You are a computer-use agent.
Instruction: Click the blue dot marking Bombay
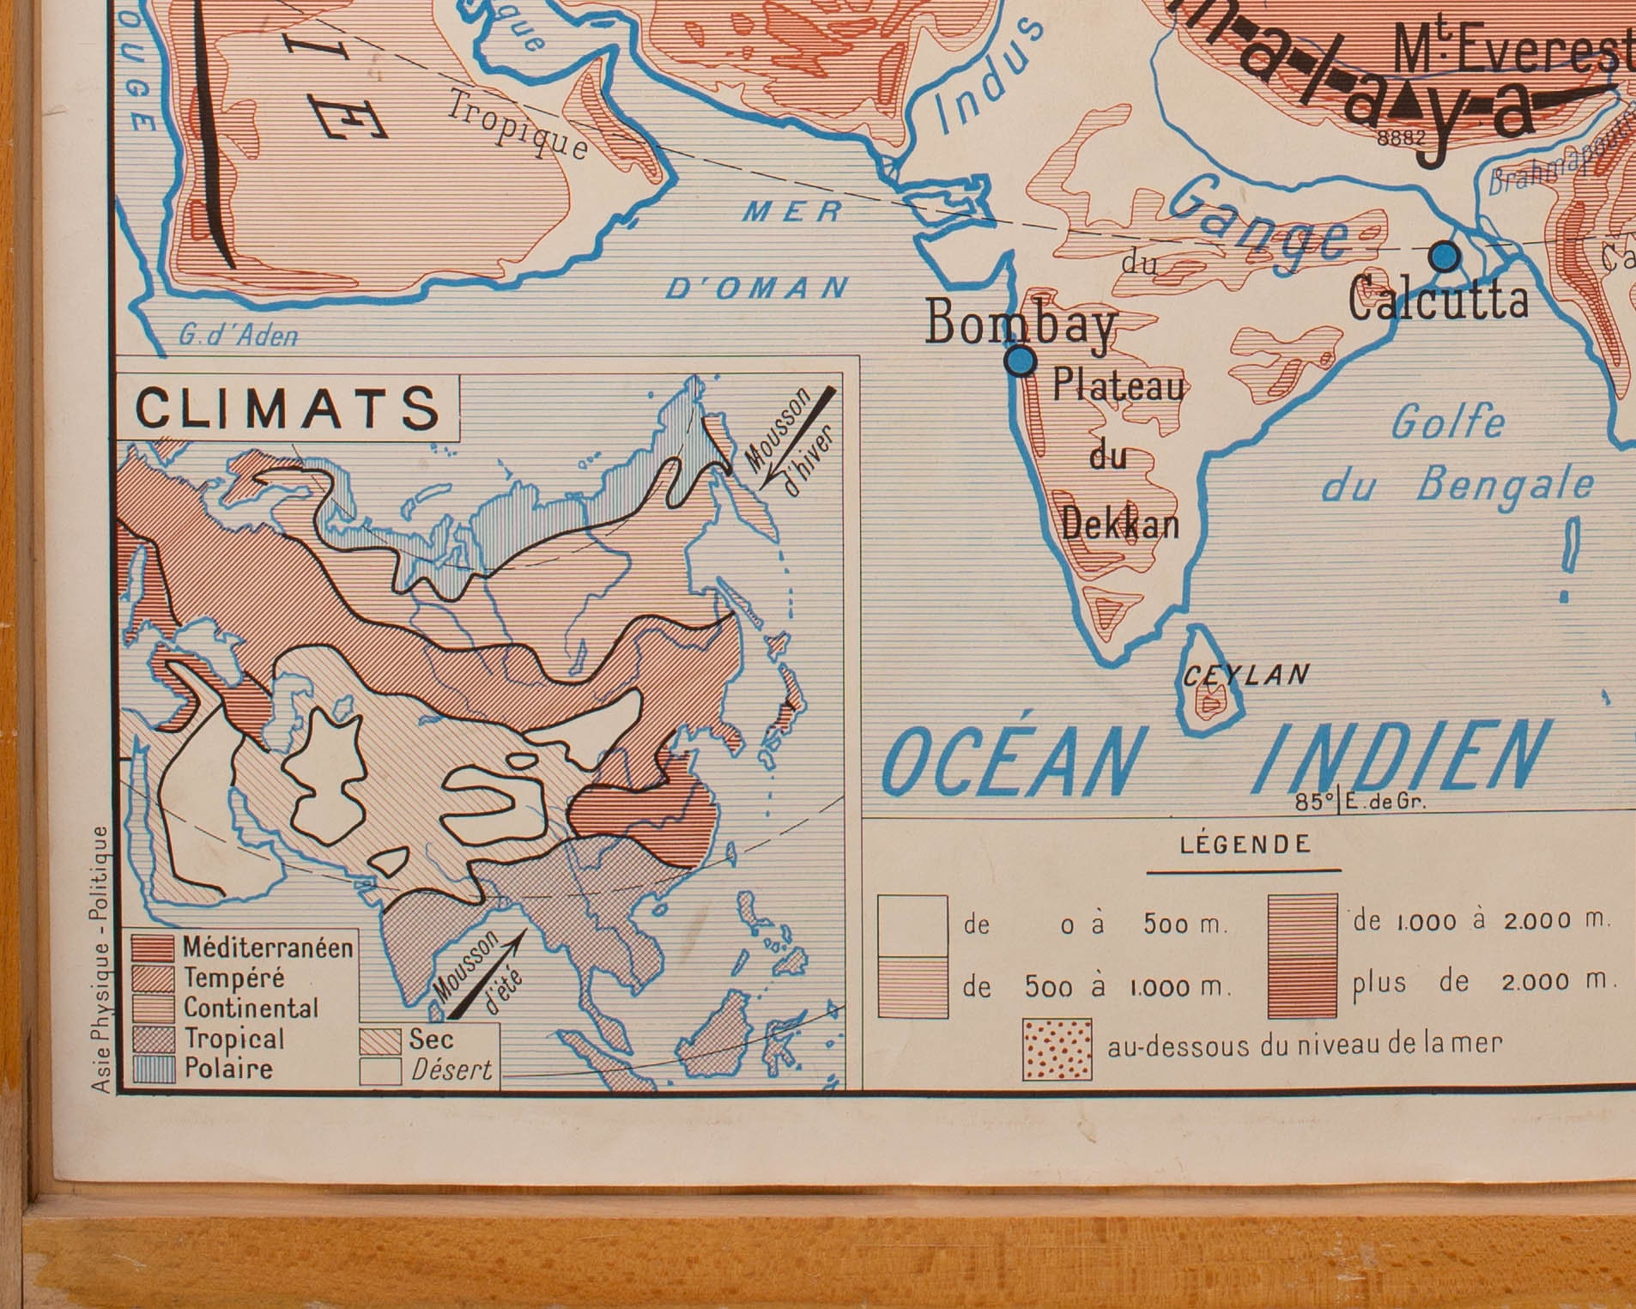click(1020, 362)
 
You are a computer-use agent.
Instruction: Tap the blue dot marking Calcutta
click(1445, 256)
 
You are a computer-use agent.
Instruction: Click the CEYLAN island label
click(1245, 676)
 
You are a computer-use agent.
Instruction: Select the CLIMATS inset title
click(288, 408)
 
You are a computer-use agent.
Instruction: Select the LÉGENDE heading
click(1245, 845)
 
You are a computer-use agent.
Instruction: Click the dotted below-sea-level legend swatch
click(1057, 1049)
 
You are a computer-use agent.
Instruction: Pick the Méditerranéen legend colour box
click(154, 948)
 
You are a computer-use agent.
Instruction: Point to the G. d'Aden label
click(238, 336)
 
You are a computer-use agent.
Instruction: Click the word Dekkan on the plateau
click(1120, 523)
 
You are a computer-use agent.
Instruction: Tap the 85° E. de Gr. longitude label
click(1360, 803)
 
